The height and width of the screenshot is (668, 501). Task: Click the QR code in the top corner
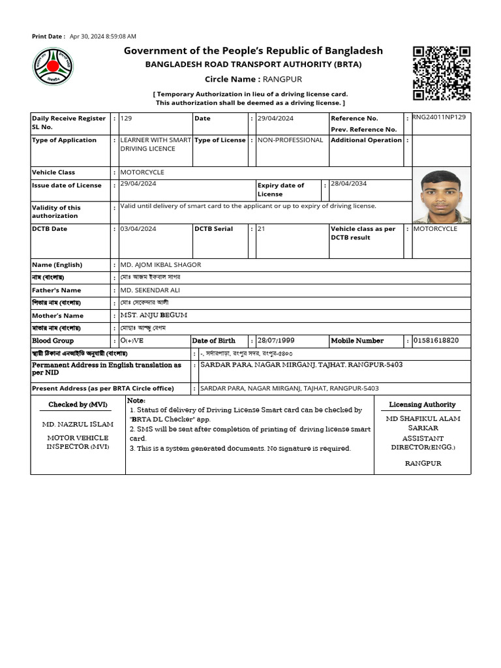(442, 73)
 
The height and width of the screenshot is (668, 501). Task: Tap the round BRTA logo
(53, 68)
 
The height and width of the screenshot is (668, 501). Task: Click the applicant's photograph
(442, 196)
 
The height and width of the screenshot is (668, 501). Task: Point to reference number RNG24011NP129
(438, 117)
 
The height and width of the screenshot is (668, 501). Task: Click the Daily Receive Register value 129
(127, 118)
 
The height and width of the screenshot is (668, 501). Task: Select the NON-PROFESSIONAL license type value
(290, 140)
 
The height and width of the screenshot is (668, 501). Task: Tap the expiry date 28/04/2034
(348, 184)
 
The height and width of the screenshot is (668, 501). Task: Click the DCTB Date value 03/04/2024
(138, 229)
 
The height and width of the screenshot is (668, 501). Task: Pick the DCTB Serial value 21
(262, 229)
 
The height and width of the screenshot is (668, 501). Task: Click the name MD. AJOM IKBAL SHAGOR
(160, 265)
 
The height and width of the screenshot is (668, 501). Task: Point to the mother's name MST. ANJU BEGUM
(154, 315)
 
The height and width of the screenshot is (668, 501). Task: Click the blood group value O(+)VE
(134, 341)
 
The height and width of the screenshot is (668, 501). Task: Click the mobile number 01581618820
(436, 341)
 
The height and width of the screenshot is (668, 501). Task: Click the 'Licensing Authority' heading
(422, 405)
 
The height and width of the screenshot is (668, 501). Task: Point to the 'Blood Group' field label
(53, 341)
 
